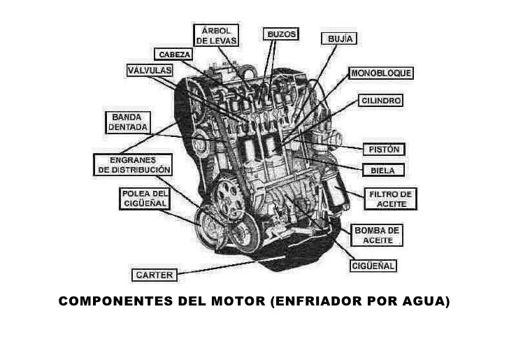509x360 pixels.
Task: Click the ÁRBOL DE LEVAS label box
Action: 216,36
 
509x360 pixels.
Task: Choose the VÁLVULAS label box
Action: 150,71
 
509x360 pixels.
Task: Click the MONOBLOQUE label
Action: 381,73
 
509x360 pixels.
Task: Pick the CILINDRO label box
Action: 380,101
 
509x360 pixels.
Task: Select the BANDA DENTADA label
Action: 126,122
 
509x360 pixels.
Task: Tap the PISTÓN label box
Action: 383,150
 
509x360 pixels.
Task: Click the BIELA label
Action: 384,170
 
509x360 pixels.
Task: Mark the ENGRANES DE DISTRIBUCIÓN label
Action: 133,164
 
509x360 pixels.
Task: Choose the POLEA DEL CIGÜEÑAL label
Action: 144,199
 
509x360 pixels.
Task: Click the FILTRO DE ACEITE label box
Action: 392,199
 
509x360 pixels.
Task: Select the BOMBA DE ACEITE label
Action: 378,235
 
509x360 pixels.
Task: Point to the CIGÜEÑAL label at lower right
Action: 373,266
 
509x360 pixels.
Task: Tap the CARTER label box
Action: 155,275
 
